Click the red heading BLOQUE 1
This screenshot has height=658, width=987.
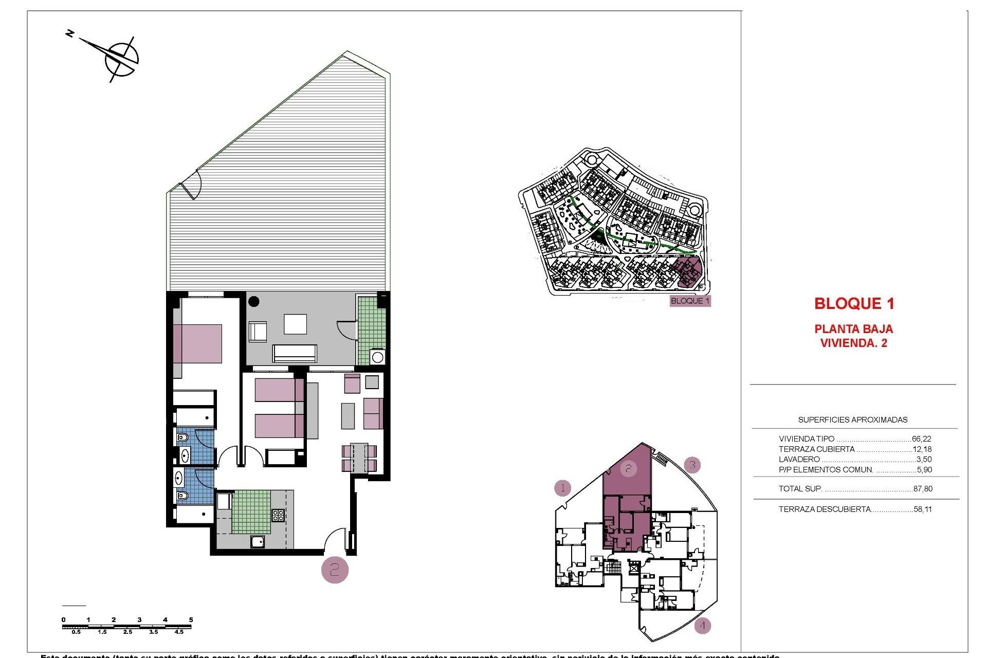(x=854, y=303)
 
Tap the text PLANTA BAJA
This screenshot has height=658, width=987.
(x=853, y=329)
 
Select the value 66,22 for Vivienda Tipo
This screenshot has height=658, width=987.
(x=921, y=439)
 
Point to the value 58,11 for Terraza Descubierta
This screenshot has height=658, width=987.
(x=923, y=509)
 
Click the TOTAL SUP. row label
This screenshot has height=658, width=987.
(x=800, y=489)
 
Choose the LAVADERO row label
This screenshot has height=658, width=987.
(x=799, y=460)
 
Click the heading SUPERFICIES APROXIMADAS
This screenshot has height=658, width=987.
(x=852, y=420)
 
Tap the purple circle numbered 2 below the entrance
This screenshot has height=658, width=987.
(x=335, y=570)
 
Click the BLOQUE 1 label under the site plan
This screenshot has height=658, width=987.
(x=690, y=301)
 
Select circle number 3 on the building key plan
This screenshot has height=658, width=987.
(x=692, y=465)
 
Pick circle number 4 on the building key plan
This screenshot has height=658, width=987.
(x=702, y=626)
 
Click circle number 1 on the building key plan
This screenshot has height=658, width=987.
(x=563, y=487)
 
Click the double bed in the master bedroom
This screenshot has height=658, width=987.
(x=198, y=343)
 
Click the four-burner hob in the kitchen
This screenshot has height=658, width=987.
(x=278, y=515)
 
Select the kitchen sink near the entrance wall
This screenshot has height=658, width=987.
(x=258, y=541)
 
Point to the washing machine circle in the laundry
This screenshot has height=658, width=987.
(x=377, y=357)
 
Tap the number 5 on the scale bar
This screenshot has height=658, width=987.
(x=191, y=619)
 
